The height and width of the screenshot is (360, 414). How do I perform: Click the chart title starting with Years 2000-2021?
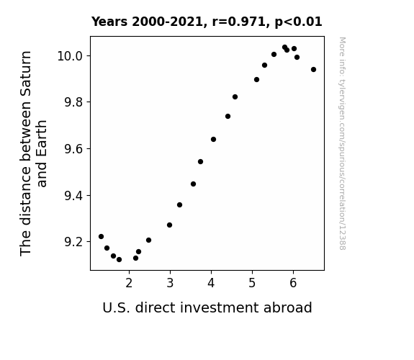tap(207, 22)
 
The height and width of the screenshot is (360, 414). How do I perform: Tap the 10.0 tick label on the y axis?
tap(70, 56)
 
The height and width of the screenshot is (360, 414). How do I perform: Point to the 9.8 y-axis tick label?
tap(73, 102)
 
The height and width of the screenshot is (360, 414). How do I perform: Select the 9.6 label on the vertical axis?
tap(73, 149)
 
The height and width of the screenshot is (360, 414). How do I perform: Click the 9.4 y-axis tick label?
tap(73, 196)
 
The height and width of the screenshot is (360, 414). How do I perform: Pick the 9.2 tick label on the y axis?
tap(73, 242)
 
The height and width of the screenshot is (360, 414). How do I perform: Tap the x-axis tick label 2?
tap(129, 283)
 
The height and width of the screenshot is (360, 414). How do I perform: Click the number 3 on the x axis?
tap(170, 283)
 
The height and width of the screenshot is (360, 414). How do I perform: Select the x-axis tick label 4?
tap(211, 283)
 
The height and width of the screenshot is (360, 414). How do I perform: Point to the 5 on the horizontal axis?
tap(252, 283)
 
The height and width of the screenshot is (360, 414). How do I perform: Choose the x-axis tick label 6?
tap(293, 283)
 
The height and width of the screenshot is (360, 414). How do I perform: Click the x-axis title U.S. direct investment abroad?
tap(207, 307)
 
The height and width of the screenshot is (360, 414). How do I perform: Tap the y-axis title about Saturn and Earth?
tap(33, 153)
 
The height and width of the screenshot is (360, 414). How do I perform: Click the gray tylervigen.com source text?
tap(342, 143)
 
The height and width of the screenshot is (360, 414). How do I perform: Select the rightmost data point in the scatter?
tap(313, 69)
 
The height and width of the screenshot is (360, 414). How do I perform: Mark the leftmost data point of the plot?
tap(101, 236)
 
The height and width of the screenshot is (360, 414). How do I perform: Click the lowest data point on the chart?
tap(119, 260)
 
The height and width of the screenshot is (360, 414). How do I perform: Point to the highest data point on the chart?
tap(284, 48)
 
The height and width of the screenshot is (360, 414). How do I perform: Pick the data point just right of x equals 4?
tap(213, 139)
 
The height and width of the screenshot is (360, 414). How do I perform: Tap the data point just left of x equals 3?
tap(169, 225)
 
